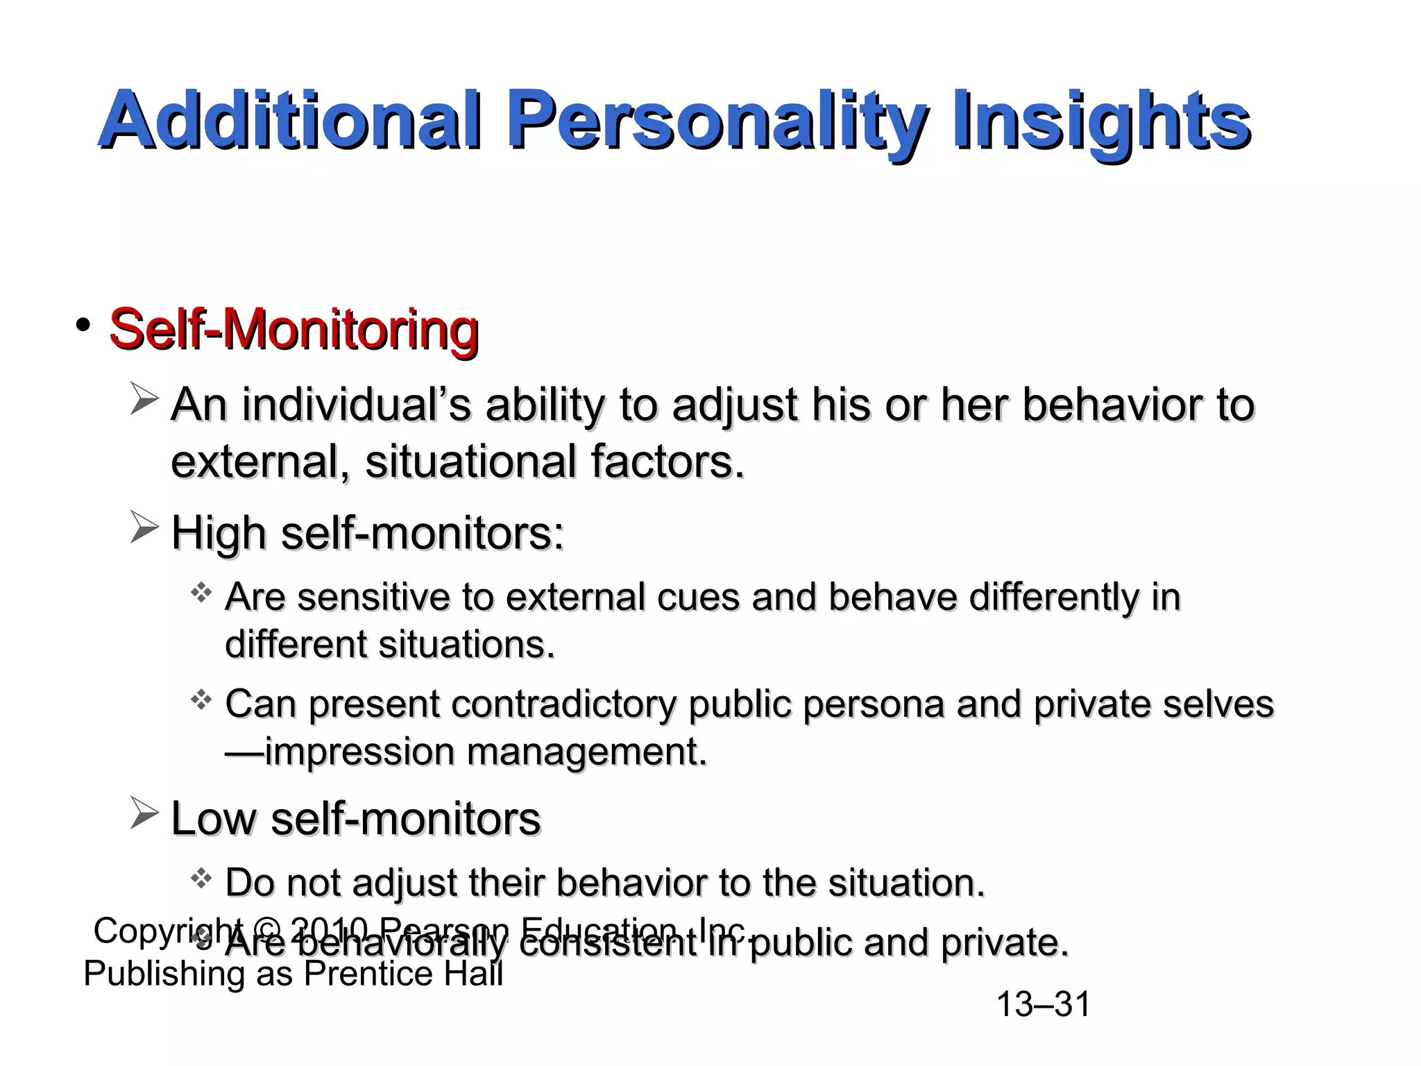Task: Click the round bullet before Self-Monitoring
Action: pyautogui.click(x=84, y=325)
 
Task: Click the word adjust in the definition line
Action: pyautogui.click(x=735, y=405)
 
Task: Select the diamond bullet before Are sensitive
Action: pyautogui.click(x=201, y=593)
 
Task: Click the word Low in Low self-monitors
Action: pyautogui.click(x=214, y=819)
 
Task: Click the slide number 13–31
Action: pyautogui.click(x=1043, y=1004)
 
